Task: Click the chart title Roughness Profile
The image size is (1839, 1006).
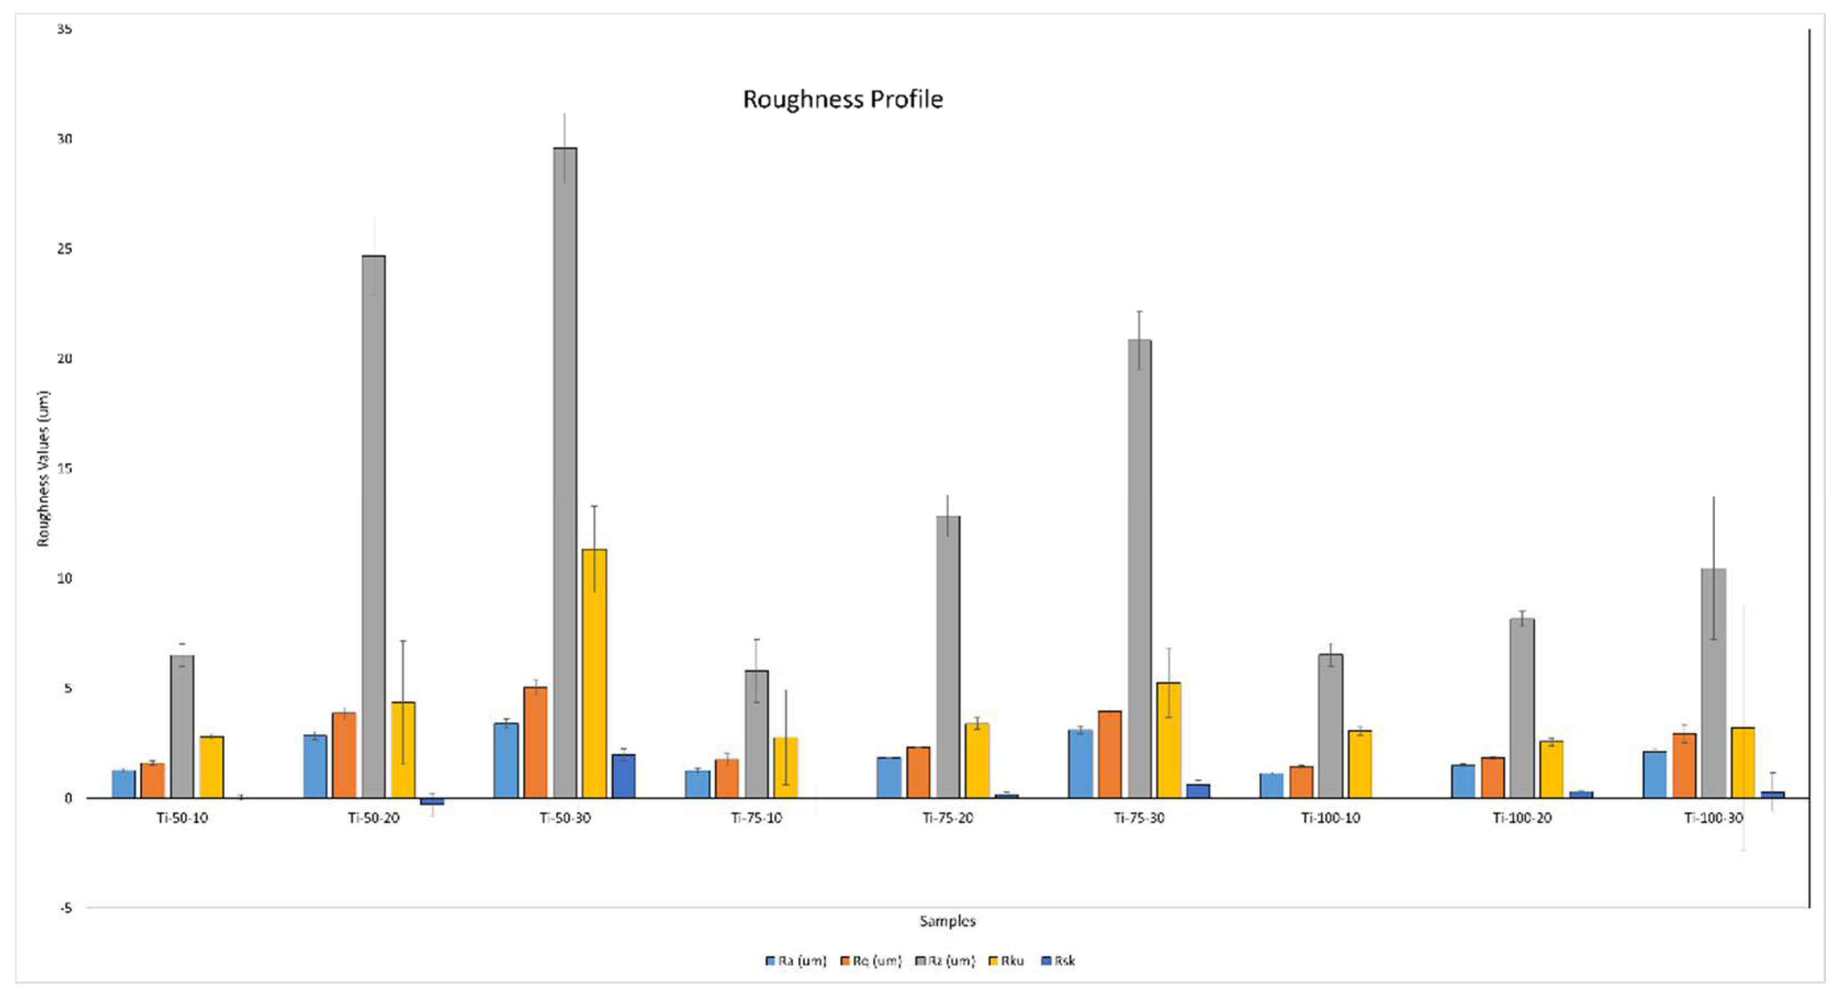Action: click(x=842, y=99)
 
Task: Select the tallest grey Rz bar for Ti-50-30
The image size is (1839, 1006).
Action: click(x=565, y=471)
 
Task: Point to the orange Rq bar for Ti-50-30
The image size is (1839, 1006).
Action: click(x=535, y=743)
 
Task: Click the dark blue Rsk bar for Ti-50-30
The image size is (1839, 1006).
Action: click(x=623, y=776)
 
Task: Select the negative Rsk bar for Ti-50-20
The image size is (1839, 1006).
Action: click(x=432, y=802)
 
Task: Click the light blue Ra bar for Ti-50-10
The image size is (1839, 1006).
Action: click(x=123, y=784)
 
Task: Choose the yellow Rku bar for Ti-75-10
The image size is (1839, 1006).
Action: click(x=785, y=767)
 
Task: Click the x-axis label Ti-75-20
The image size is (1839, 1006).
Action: click(x=947, y=818)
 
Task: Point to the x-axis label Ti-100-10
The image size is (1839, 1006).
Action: click(x=1331, y=818)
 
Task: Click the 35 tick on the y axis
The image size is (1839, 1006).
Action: click(x=65, y=29)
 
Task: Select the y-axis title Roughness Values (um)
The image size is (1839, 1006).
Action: click(x=43, y=468)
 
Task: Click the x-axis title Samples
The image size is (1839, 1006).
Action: click(x=947, y=921)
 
